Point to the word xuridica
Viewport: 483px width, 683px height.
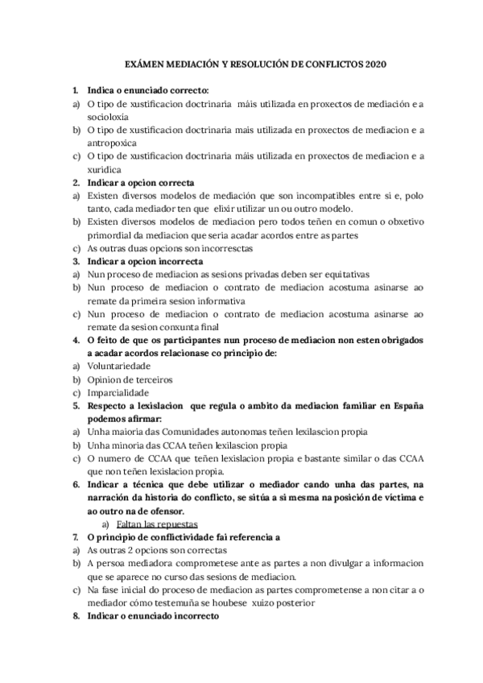(104, 169)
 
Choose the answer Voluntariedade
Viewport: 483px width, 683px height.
(118, 366)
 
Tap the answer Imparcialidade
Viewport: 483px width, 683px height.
(118, 393)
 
